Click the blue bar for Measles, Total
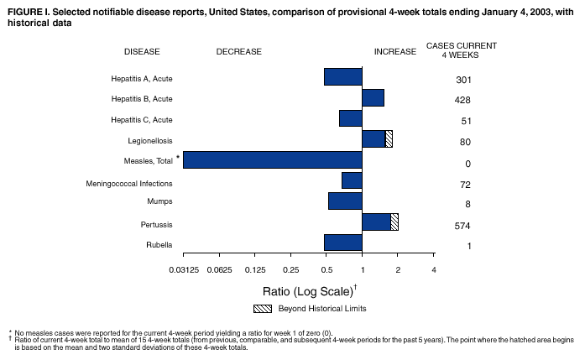273,159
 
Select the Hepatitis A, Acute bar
342,77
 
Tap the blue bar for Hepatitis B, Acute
373,98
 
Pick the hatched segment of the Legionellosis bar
389,139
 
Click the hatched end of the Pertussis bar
394,222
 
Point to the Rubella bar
342,243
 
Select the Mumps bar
345,201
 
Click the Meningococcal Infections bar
352,180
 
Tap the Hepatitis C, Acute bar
350,118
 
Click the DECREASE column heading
239,52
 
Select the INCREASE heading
394,52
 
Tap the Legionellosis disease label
150,140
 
